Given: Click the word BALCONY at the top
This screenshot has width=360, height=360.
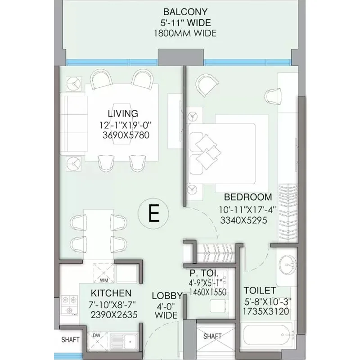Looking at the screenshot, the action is [185, 12].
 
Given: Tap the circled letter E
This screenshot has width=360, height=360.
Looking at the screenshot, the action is [153, 213].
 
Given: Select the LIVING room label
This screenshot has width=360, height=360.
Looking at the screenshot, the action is [123, 114].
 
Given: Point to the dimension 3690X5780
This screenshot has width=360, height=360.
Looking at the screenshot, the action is [126, 135].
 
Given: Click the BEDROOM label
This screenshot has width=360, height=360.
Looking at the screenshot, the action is [248, 197].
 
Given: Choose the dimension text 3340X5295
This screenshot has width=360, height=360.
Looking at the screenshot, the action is [243, 220].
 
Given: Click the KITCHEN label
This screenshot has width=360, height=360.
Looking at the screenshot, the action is [111, 293].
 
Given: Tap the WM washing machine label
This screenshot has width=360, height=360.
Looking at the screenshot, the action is [104, 280].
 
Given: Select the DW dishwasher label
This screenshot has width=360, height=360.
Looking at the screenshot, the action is [96, 335].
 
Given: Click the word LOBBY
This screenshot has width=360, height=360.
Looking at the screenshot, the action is [167, 296].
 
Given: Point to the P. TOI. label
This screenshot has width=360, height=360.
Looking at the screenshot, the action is [204, 273].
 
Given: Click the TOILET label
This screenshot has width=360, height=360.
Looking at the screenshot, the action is [260, 290].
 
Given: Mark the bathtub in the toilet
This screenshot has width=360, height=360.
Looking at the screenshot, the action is [266, 335].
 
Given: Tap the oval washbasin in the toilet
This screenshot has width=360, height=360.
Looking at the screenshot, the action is [288, 265].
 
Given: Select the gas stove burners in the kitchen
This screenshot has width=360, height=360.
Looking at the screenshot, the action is [69, 306].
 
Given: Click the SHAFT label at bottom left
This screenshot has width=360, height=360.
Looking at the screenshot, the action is [70, 340].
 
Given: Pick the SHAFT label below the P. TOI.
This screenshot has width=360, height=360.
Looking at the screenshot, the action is [212, 336].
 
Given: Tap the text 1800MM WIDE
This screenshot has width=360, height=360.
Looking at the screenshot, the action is [185, 33].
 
